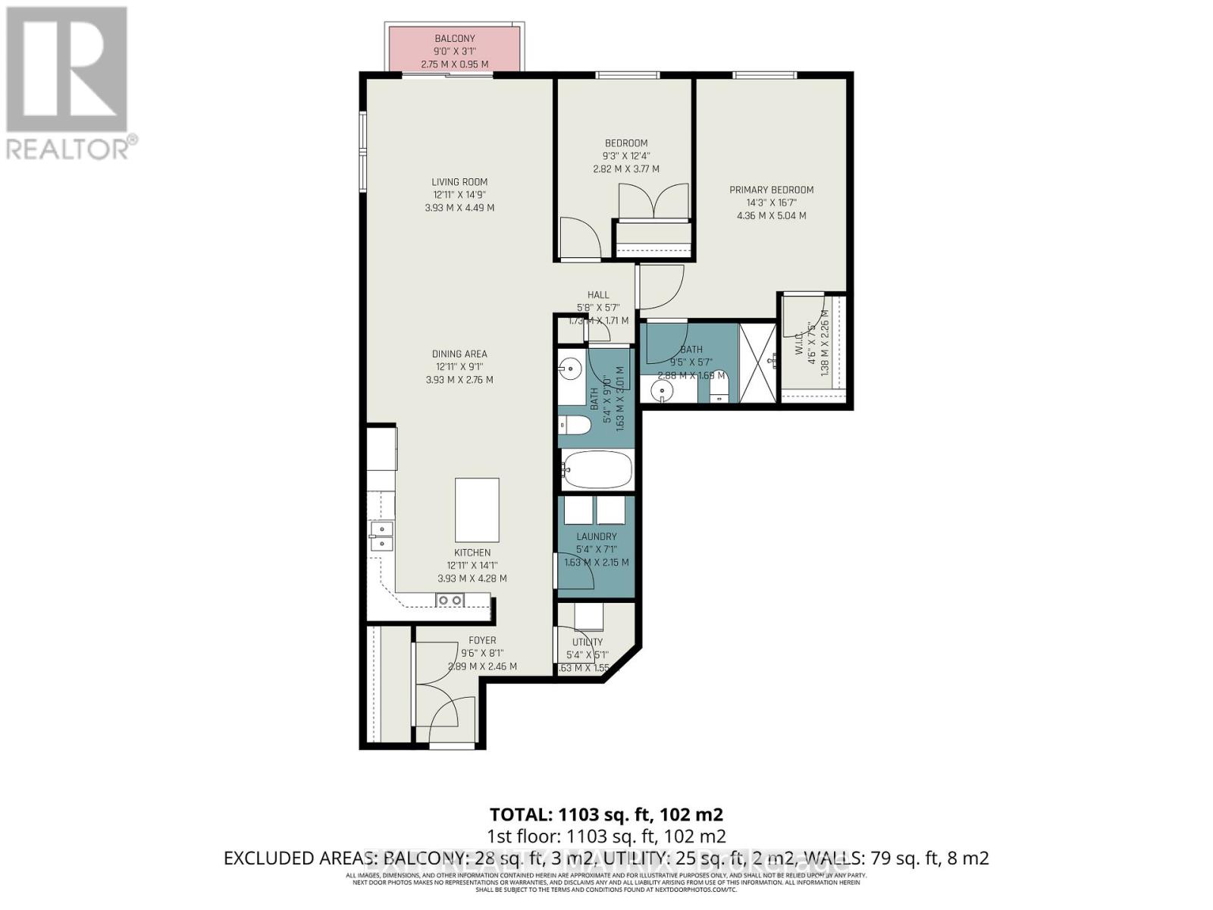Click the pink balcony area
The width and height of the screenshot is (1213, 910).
454,50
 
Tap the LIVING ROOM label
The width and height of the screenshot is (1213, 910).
459,182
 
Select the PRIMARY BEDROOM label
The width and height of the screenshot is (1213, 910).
771,190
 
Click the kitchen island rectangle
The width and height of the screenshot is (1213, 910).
477,508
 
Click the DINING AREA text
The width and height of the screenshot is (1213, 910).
459,354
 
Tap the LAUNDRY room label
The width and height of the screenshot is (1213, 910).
597,536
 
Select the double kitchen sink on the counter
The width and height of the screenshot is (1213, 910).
381,535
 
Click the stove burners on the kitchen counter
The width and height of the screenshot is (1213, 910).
450,601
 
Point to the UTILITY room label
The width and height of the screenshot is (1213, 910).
588,642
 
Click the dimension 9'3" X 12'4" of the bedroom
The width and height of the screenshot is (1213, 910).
626,156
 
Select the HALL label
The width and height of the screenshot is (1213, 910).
598,295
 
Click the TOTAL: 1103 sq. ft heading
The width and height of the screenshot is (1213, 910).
606,814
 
